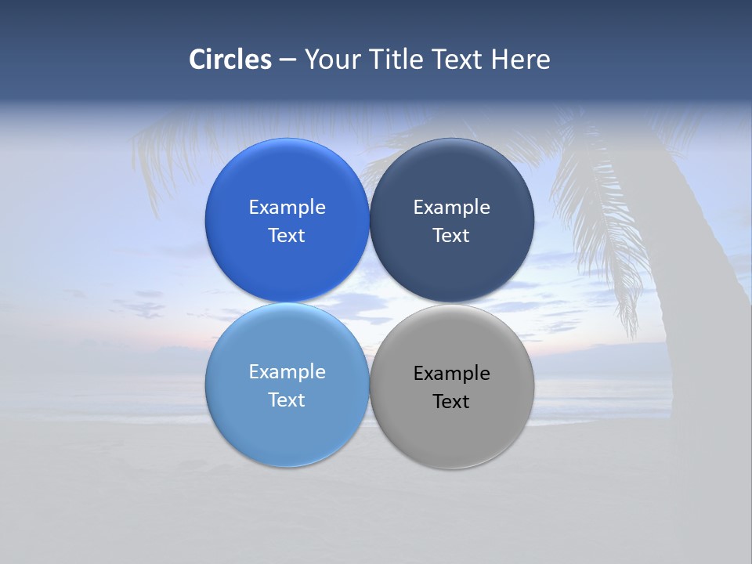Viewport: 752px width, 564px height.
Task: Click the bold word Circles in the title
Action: coord(230,60)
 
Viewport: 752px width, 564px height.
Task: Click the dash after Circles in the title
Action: coord(287,60)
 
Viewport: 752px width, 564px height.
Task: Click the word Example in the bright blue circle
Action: coord(287,208)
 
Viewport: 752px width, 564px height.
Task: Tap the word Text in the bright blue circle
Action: coord(287,236)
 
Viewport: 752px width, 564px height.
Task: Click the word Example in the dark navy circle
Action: coord(451,208)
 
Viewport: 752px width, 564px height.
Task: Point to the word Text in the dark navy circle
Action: coord(451,236)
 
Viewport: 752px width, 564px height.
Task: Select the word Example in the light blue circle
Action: coord(287,372)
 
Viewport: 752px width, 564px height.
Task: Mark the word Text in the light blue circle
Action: coord(287,400)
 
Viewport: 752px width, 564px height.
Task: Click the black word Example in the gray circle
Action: coord(451,374)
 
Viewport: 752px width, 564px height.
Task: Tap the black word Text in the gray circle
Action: coord(451,402)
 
